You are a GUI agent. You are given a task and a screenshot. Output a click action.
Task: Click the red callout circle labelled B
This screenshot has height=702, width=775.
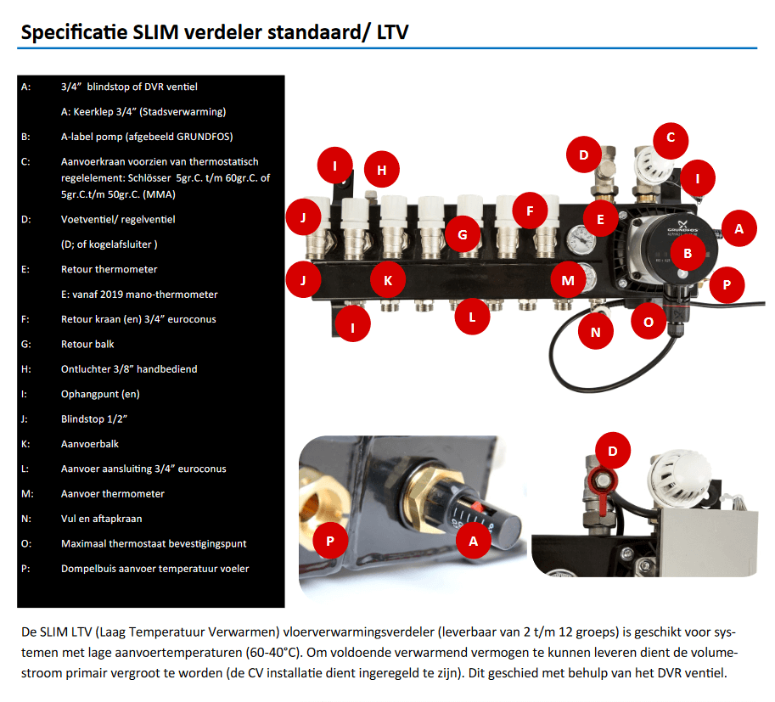coord(688,253)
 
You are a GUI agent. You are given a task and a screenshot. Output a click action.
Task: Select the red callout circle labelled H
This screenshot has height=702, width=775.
coord(382,171)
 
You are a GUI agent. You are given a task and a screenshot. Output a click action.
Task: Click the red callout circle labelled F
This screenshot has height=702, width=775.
coord(530,209)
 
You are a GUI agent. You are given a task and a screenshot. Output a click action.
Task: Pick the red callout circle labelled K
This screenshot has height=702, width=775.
coord(388,279)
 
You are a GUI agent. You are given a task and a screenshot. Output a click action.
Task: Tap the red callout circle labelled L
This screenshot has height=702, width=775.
coord(472,317)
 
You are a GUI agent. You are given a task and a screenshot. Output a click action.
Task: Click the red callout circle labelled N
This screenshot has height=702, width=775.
coord(595,332)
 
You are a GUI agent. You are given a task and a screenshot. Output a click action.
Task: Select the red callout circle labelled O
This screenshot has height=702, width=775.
coord(649,322)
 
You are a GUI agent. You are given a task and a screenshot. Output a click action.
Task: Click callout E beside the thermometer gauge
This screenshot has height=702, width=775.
coord(600,219)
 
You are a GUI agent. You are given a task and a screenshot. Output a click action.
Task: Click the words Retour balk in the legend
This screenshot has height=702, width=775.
coord(87,344)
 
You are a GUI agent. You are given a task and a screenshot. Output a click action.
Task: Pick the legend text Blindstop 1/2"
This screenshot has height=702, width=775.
coord(94,418)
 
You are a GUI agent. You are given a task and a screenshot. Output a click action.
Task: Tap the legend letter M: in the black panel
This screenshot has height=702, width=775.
coord(26,493)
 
